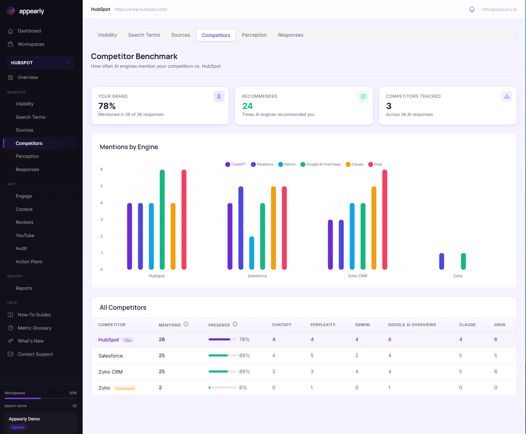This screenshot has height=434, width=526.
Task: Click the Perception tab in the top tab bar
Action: pos(254,35)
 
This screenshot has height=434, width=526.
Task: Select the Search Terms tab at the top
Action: pos(144,35)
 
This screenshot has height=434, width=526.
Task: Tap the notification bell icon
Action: pos(472,9)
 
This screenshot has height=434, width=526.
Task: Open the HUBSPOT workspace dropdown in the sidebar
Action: pos(40,63)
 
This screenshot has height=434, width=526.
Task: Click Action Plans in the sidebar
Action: pos(29,262)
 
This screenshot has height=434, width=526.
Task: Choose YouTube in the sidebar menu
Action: pos(25,235)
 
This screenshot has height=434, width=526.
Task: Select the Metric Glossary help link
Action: pos(35,328)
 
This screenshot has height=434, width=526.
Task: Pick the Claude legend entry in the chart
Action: pos(354,164)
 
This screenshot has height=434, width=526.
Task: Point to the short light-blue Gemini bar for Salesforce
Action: pos(252,253)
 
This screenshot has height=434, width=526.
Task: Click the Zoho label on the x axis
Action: pos(458,276)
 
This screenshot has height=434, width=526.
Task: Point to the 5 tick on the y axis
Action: pos(102,186)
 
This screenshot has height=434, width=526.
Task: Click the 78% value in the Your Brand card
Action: pos(107,106)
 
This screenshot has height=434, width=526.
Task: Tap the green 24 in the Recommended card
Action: pos(247,106)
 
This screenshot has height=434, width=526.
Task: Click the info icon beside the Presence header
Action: pos(235,324)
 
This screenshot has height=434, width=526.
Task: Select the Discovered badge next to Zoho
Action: pos(125,388)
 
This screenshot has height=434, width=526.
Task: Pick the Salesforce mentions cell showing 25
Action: pos(162,355)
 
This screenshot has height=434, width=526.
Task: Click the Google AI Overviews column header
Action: pos(412,325)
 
